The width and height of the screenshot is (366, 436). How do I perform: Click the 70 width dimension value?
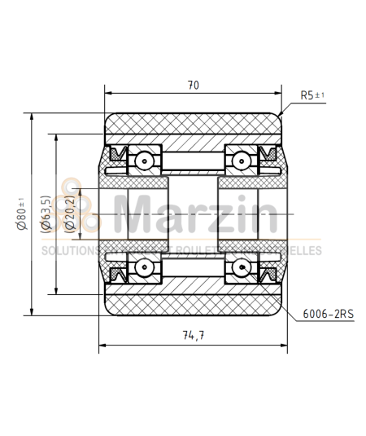pos(193,84)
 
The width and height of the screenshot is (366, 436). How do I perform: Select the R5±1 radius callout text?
pos(312,95)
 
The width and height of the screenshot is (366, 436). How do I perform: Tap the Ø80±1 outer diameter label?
pos(21,214)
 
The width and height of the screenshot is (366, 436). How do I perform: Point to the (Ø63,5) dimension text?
pos(45,214)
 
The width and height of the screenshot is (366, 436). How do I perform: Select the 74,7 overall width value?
pos(193,336)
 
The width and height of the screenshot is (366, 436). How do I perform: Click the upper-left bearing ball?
pos(145,161)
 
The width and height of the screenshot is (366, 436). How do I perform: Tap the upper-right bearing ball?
pos(242,161)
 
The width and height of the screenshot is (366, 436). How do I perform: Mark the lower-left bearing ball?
pos(145,266)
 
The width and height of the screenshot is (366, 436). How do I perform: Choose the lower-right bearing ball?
pos(242,266)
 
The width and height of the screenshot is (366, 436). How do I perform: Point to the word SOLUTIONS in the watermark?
pos(69,251)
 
